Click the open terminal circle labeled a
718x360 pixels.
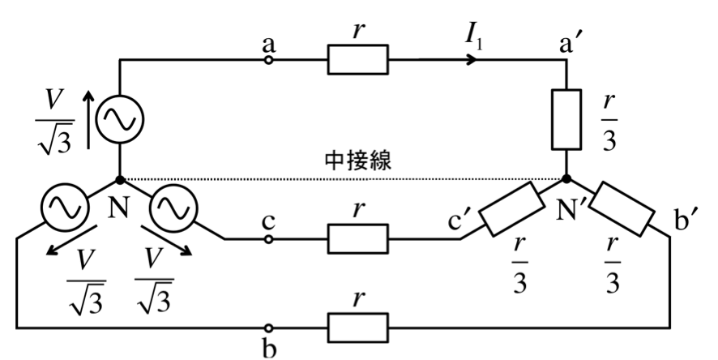[x=269, y=59]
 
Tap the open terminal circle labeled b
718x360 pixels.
[x=269, y=328]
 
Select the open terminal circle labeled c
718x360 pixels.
[x=269, y=239]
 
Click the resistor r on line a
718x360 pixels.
[x=357, y=59]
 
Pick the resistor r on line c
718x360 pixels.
[x=357, y=239]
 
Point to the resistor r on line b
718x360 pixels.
[x=357, y=328]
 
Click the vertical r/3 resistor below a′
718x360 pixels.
[x=566, y=119]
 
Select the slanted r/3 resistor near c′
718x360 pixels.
[x=511, y=209]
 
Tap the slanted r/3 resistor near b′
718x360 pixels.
[x=622, y=209]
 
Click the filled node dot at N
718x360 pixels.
[x=119, y=180]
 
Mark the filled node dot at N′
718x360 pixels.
[x=566, y=179]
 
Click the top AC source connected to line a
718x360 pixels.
[x=119, y=119]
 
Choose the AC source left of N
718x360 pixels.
[x=64, y=208]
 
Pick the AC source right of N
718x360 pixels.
[x=174, y=208]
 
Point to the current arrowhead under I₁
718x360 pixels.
[x=472, y=59]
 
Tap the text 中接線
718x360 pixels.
[x=358, y=161]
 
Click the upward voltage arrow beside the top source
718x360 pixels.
[x=89, y=119]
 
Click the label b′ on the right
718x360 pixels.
[x=685, y=221]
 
